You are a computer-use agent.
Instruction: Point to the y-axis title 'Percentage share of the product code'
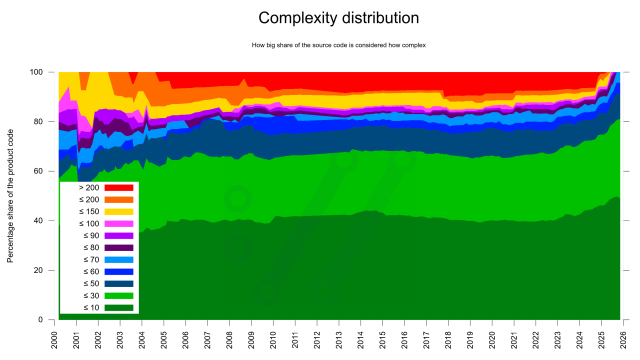tap(11, 195)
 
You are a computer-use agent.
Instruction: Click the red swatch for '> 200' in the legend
tap(118, 188)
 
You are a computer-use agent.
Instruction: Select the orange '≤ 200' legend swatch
tap(118, 200)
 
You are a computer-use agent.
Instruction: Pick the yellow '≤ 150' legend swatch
tap(118, 212)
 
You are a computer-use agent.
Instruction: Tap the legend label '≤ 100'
tap(88, 224)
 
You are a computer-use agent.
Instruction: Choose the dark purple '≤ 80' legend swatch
tap(118, 248)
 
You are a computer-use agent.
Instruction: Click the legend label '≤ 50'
tap(88, 284)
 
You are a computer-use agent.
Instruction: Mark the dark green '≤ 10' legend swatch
tap(118, 308)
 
